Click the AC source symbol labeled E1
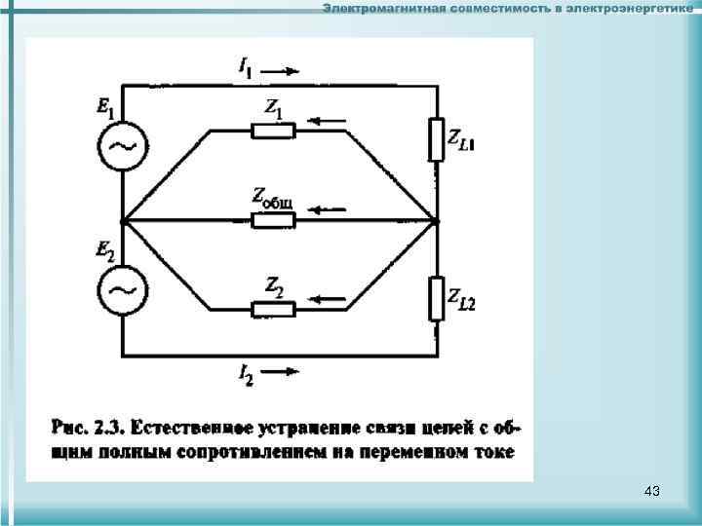pos(123,147)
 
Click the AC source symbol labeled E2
pos(123,290)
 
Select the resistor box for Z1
pos(273,131)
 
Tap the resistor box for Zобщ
pos(273,221)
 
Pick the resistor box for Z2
pos(273,310)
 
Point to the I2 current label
pos(246,373)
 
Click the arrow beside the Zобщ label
pos(329,209)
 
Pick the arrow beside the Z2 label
pos(325,297)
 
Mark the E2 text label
pos(105,250)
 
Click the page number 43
pos(652,492)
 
